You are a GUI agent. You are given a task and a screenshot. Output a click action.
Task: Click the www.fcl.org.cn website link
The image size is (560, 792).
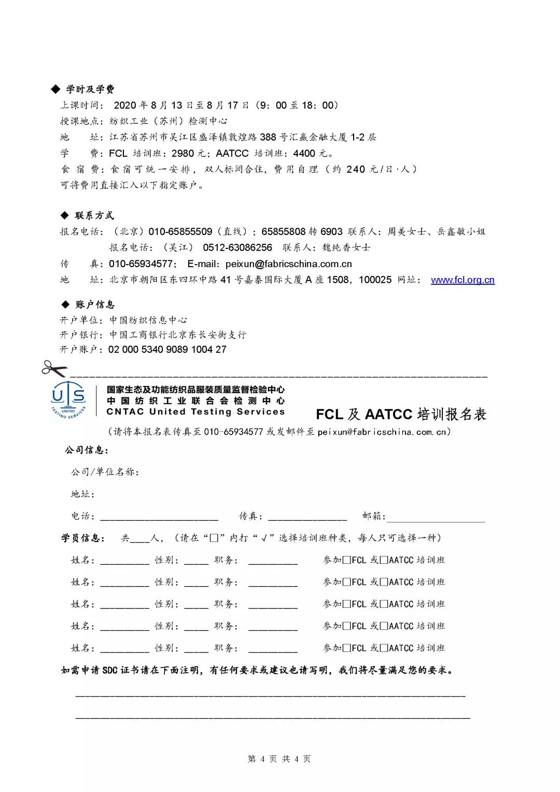[463, 280]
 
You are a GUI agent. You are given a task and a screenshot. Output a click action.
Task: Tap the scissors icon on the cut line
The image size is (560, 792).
[54, 369]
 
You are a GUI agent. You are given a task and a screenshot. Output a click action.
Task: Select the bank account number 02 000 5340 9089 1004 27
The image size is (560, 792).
[167, 350]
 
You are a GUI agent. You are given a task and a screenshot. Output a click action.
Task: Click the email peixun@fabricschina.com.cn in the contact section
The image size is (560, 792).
[288, 264]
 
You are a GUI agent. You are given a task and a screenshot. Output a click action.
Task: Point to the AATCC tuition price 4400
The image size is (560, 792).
[304, 154]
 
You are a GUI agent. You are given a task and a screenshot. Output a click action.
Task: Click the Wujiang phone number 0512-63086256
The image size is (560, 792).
[237, 248]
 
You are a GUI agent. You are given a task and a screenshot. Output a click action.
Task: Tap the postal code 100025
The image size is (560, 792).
[375, 280]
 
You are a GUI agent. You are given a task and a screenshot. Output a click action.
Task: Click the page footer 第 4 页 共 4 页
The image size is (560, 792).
[279, 759]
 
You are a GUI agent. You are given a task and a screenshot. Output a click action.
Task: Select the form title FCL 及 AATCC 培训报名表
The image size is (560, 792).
[401, 414]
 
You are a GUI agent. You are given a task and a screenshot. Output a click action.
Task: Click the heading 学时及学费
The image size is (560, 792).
[90, 90]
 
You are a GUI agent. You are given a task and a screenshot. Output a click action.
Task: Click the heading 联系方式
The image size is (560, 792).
[94, 216]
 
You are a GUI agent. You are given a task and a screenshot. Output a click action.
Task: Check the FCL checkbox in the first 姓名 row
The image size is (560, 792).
[347, 560]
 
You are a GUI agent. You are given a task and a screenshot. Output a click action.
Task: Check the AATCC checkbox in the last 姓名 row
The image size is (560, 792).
[384, 648]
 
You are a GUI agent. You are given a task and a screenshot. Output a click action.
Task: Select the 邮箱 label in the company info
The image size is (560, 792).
[373, 516]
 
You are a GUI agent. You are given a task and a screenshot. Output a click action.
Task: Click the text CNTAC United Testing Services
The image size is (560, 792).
[195, 412]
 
